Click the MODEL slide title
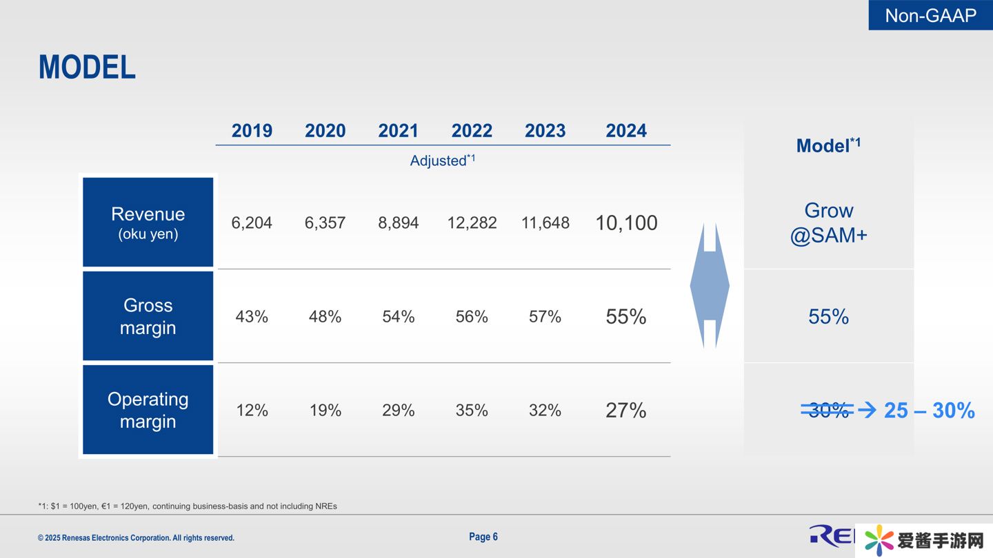click(x=87, y=68)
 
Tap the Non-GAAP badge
click(x=930, y=15)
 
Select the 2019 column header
click(x=252, y=131)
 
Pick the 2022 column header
click(x=472, y=131)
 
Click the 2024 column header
click(x=626, y=131)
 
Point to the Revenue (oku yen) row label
click(x=148, y=223)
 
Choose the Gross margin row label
click(x=148, y=316)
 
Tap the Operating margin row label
click(x=148, y=410)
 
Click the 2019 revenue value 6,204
click(x=252, y=223)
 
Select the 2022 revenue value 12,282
click(x=472, y=223)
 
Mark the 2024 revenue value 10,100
click(x=626, y=223)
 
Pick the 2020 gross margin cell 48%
click(x=325, y=317)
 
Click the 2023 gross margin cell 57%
click(x=545, y=317)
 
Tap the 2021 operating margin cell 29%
click(x=399, y=411)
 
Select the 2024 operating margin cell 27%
click(x=626, y=411)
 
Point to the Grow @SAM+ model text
click(x=828, y=223)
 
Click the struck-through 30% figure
click(x=827, y=411)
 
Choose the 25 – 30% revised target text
click(x=929, y=411)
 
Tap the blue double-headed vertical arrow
click(x=710, y=285)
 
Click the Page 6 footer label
click(x=483, y=537)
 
